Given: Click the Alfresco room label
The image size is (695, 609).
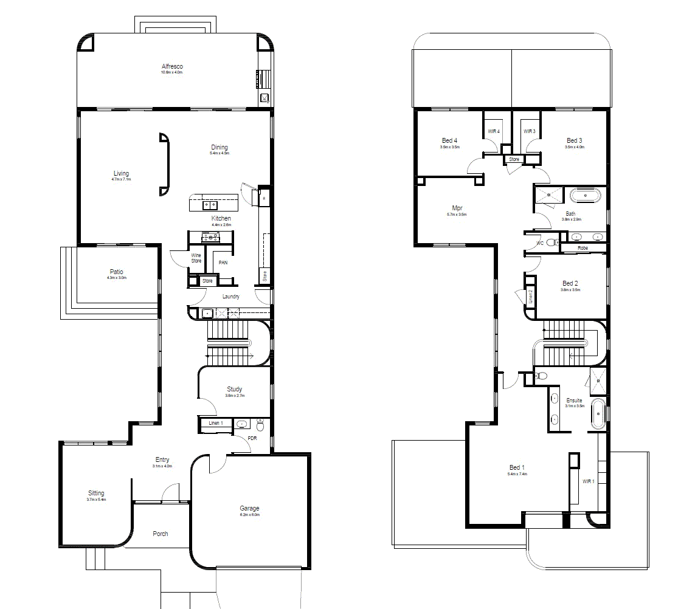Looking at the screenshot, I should pyautogui.click(x=172, y=66).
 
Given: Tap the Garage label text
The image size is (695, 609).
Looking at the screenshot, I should pyautogui.click(x=249, y=508).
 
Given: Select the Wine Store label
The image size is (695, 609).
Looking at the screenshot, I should pyautogui.click(x=196, y=258).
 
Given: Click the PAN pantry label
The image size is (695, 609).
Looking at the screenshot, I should pyautogui.click(x=223, y=263).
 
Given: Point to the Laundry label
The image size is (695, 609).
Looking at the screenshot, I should pyautogui.click(x=231, y=297).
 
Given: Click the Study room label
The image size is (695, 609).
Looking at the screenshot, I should pyautogui.click(x=235, y=389).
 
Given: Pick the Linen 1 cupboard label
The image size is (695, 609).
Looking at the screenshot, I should pyautogui.click(x=216, y=423).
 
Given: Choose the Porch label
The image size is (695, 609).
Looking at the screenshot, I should pyautogui.click(x=161, y=534).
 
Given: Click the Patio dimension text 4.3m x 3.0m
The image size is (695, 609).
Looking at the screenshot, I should pyautogui.click(x=117, y=278).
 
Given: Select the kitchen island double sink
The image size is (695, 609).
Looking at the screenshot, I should pyautogui.click(x=210, y=205).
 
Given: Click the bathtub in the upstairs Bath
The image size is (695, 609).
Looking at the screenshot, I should pyautogui.click(x=585, y=196).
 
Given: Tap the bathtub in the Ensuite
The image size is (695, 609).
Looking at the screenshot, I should pyautogui.click(x=597, y=413).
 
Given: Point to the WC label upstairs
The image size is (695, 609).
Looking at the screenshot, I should pyautogui.click(x=539, y=243).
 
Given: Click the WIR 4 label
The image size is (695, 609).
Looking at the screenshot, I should pyautogui.click(x=494, y=131).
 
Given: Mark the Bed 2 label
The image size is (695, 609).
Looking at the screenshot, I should pyautogui.click(x=570, y=283).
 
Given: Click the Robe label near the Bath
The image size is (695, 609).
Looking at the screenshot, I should pyautogui.click(x=583, y=248).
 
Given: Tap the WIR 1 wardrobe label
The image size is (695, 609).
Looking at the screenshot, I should pyautogui.click(x=588, y=481).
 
